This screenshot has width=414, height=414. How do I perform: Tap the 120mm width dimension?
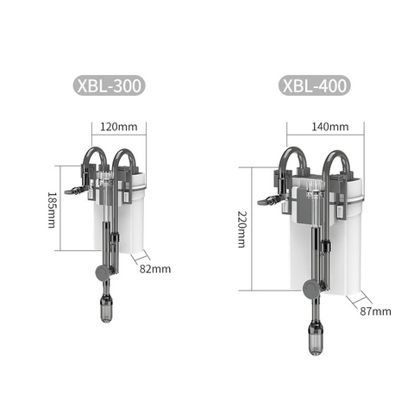[118, 126]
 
